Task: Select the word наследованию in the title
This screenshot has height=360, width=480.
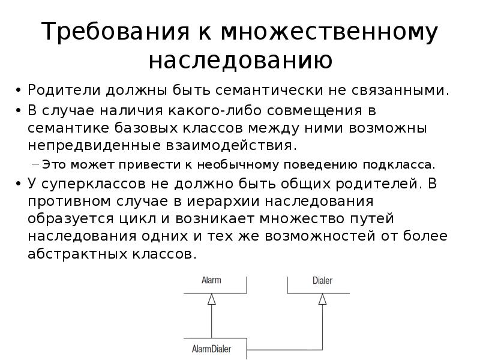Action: click(240, 60)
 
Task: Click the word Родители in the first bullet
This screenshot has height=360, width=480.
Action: click(65, 91)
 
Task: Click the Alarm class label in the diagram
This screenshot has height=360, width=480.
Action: click(211, 280)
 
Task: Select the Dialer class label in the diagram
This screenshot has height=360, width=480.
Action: click(322, 280)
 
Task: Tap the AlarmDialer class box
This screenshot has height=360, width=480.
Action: click(211, 349)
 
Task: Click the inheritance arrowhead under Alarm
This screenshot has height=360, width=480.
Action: click(211, 301)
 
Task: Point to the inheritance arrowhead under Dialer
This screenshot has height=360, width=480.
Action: click(322, 298)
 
